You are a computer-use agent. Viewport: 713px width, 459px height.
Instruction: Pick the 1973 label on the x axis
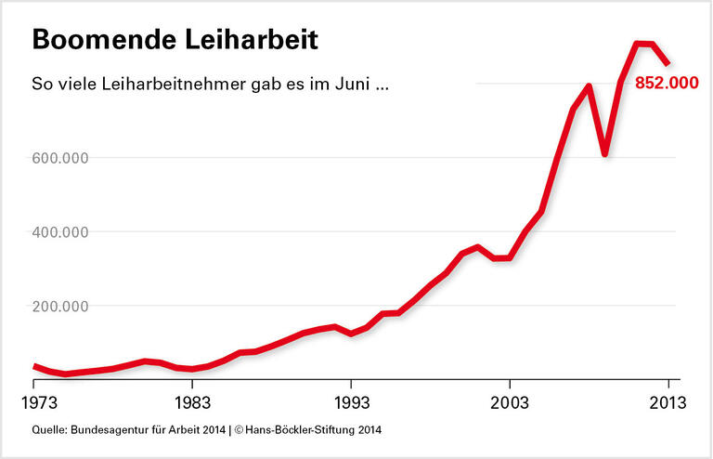coord(34,403)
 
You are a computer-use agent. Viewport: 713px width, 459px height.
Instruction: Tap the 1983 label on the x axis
coord(192,403)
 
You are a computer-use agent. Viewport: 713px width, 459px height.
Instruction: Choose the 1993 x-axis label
coord(351,403)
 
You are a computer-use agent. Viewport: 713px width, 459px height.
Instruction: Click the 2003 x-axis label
coord(509,403)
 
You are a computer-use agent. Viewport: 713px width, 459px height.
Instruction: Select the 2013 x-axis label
coord(667,403)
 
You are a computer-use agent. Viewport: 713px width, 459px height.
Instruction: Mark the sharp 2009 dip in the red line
coord(604,153)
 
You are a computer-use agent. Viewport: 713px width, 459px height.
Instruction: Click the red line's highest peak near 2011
coord(638,44)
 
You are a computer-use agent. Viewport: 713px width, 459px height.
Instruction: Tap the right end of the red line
coord(668,64)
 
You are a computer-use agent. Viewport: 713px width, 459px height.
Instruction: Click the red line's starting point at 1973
coord(34,367)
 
